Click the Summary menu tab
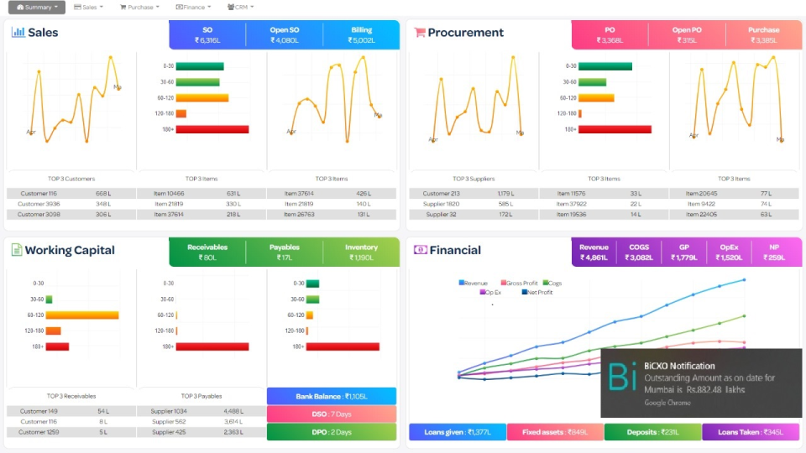pos(37,8)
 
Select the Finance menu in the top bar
pos(193,8)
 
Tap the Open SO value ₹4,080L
pos(284,40)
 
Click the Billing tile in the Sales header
pos(362,35)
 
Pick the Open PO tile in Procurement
pos(686,35)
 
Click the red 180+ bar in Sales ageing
pos(212,129)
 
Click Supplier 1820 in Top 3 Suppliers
pos(441,204)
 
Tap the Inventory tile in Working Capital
pos(361,253)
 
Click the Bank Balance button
pos(331,396)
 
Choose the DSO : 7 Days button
pos(331,414)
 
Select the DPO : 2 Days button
pos(331,432)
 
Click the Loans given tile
pos(458,432)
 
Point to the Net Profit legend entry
pos(538,293)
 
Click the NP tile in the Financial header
pos(775,253)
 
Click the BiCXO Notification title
pos(679,366)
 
